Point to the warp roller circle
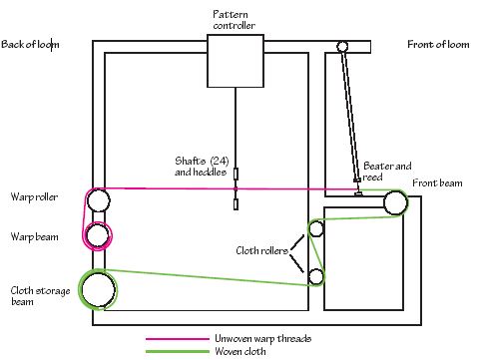(x=98, y=200)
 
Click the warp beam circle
(x=98, y=235)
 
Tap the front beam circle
(x=395, y=203)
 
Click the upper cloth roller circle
(x=316, y=229)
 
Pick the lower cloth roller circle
(x=316, y=275)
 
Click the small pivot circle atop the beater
(x=342, y=46)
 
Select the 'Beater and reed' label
(x=386, y=171)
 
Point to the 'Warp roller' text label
(x=34, y=197)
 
